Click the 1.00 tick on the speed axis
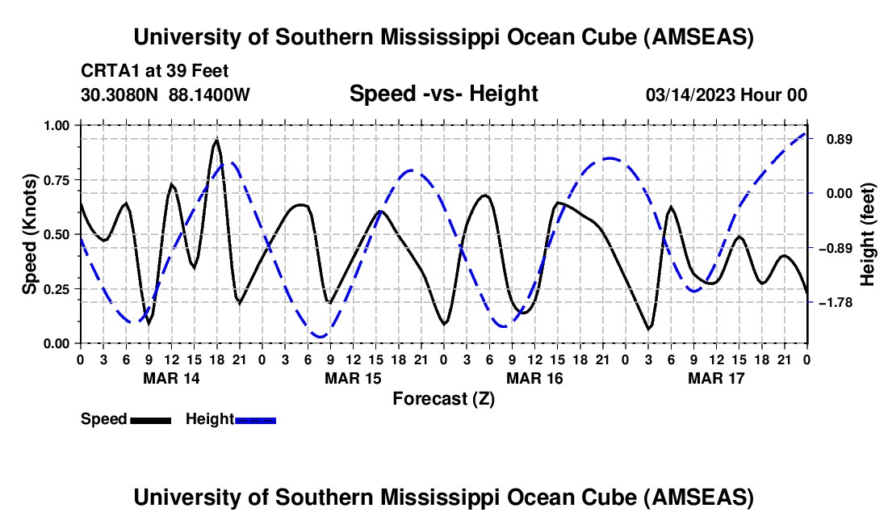pos(56,125)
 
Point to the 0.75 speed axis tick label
pos(56,180)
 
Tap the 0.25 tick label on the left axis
pos(56,289)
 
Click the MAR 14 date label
pos(170,377)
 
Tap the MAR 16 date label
pos(534,377)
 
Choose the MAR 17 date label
pos(715,377)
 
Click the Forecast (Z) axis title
pos(443,398)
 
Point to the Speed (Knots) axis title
pos(29,234)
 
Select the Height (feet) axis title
pos(868,234)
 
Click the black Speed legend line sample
pos(150,420)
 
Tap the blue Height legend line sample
pos(255,420)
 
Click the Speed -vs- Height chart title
pos(443,94)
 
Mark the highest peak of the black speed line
pos(216,141)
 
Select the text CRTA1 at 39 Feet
pos(148,71)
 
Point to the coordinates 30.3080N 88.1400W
pos(165,94)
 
